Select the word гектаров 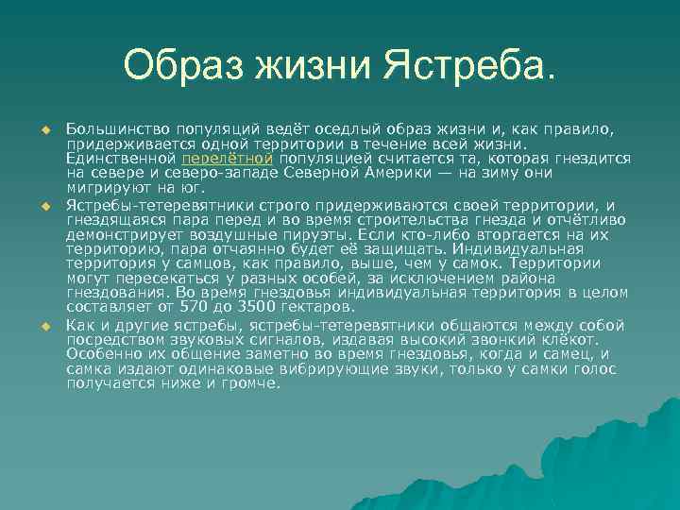coord(316,307)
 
